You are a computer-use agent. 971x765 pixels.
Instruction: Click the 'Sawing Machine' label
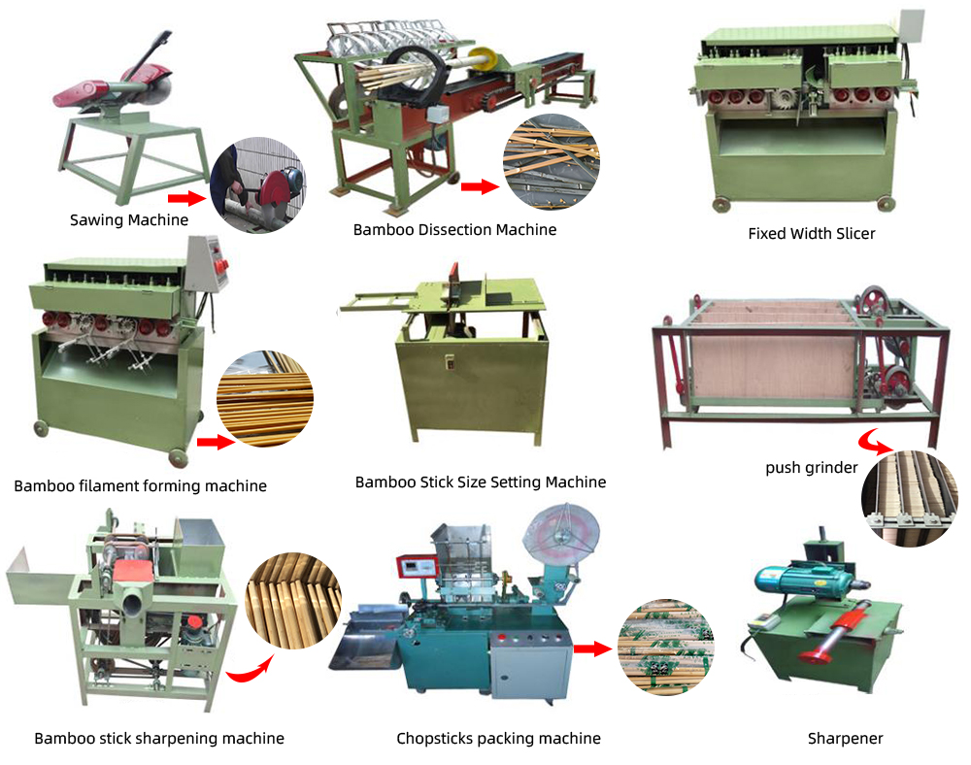coord(129,219)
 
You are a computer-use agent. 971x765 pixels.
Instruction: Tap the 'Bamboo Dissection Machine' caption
coord(454,230)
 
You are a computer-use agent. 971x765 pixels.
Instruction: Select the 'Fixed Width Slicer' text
coord(811,233)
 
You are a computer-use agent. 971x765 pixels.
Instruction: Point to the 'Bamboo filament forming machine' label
coord(140,485)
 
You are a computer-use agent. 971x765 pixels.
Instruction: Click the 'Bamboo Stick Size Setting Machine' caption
coord(481,482)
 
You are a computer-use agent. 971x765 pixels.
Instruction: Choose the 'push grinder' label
coord(811,467)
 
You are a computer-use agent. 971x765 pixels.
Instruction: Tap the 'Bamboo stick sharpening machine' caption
coord(159,739)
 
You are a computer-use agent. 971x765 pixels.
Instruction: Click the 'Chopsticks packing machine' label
coord(498,739)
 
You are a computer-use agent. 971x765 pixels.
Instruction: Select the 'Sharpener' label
coord(846,739)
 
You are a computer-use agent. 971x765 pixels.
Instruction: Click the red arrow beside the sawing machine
coord(187,198)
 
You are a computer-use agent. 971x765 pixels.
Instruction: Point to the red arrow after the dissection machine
coord(480,186)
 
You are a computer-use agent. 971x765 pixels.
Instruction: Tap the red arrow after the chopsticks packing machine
coord(592,649)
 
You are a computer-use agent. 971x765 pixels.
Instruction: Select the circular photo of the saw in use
coord(258,185)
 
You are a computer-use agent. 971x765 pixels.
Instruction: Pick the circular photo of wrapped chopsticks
coord(666,647)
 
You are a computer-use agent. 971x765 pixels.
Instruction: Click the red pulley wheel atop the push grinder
coord(874,301)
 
